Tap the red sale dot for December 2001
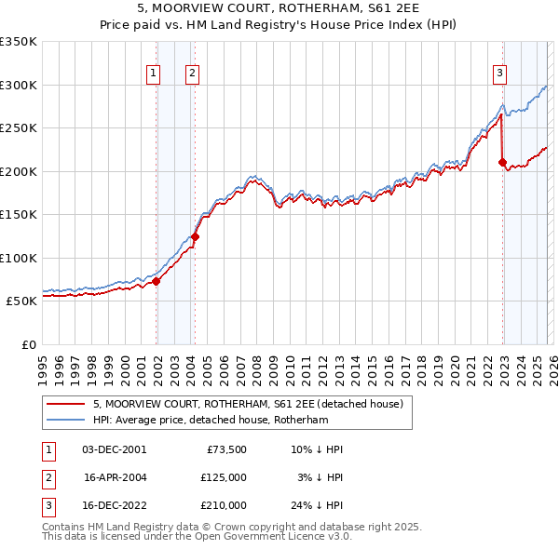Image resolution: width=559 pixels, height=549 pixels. point(157,281)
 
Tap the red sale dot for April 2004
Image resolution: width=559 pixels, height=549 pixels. point(196,236)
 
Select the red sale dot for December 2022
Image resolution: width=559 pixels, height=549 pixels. point(503,163)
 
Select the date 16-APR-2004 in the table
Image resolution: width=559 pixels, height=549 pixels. point(115,477)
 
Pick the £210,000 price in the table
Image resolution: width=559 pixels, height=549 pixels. point(223,505)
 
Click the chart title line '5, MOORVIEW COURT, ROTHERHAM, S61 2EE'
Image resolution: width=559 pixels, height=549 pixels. point(279,11)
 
